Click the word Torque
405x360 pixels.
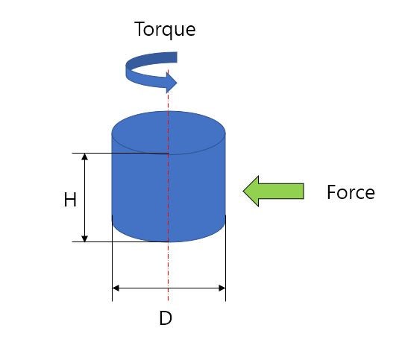[165, 29]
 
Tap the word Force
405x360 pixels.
[351, 192]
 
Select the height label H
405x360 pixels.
[70, 200]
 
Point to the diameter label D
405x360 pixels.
[166, 318]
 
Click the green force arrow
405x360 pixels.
[273, 192]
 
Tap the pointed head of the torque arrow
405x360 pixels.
[178, 83]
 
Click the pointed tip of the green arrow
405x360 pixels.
[243, 192]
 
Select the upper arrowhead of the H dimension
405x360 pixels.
[85, 156]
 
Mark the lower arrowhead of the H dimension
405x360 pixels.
[85, 239]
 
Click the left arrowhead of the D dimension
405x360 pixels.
[116, 288]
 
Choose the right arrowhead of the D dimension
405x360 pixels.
[222, 288]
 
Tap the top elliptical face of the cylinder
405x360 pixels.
[169, 133]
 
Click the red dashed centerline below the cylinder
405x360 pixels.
[168, 271]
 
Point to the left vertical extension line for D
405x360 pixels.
[112, 258]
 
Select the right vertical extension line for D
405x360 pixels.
[225, 258]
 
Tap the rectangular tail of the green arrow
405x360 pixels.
[281, 192]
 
